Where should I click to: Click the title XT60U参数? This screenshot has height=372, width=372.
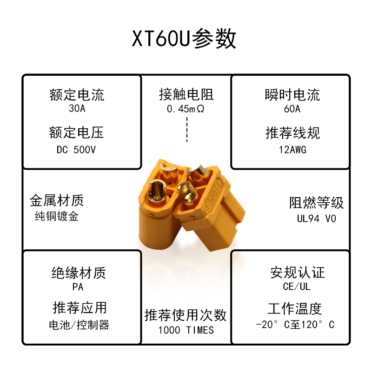click(185, 39)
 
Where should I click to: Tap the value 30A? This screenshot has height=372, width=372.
click(77, 109)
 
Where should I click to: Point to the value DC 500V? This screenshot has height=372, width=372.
click(77, 150)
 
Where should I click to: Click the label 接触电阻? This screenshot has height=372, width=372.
click(186, 95)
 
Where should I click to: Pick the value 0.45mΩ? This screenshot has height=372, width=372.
click(186, 110)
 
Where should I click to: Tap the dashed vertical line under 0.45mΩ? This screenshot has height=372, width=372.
click(186, 129)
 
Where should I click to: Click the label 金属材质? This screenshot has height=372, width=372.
click(57, 201)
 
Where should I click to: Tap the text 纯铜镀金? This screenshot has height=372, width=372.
click(57, 216)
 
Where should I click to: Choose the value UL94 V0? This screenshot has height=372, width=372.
click(317, 218)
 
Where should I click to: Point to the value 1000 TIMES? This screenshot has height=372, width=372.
click(186, 330)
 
